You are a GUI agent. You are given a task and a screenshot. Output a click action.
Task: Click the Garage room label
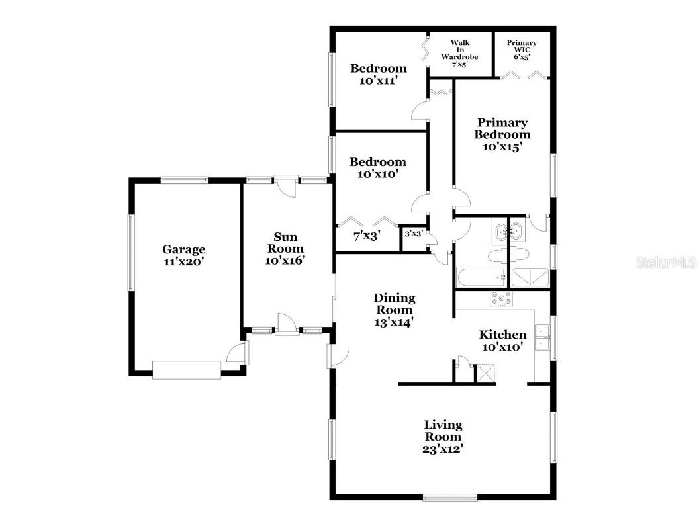point(184,255)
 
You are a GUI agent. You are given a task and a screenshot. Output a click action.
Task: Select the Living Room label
point(443,436)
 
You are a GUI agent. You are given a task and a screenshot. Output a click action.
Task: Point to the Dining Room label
point(395,309)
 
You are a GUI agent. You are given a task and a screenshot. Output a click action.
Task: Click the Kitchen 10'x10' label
point(503,341)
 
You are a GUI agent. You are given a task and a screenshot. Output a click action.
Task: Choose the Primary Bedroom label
point(503,134)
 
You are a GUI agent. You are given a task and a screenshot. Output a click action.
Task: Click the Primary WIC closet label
point(522,50)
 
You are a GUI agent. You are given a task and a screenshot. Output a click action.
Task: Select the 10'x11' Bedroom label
point(378,74)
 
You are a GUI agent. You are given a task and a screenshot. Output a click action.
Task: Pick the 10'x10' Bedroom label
point(378,168)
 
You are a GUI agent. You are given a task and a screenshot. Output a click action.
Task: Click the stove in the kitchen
point(501,299)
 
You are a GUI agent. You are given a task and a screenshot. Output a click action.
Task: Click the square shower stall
point(530,278)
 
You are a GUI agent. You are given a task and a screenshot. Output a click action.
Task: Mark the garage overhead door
point(187,370)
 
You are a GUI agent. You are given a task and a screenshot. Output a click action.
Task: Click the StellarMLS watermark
point(667,263)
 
